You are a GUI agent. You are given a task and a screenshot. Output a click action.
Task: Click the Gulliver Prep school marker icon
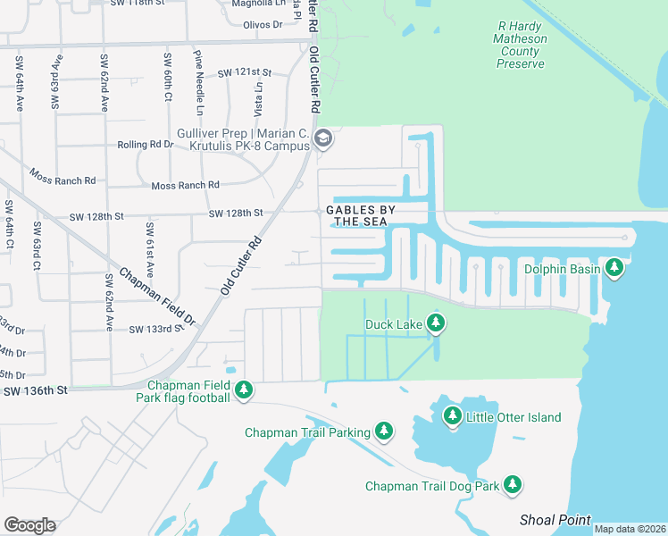click(323, 138)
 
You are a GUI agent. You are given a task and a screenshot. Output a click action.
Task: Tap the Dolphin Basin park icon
click(614, 267)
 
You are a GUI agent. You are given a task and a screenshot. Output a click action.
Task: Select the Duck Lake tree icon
click(435, 323)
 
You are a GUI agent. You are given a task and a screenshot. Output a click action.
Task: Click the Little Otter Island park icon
click(453, 416)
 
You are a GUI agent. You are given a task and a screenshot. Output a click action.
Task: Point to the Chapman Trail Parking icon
click(384, 432)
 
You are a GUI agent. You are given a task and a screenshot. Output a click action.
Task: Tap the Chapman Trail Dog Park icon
click(512, 485)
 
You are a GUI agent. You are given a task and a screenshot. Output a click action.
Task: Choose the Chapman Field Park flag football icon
click(244, 390)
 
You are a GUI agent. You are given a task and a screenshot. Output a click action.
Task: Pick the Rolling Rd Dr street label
click(146, 144)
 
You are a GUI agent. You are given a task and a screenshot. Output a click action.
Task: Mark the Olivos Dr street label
click(263, 25)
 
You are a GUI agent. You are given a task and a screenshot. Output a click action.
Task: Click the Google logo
click(29, 524)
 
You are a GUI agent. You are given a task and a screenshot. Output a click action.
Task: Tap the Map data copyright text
click(629, 529)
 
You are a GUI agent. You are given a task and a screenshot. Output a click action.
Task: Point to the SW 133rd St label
click(155, 330)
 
